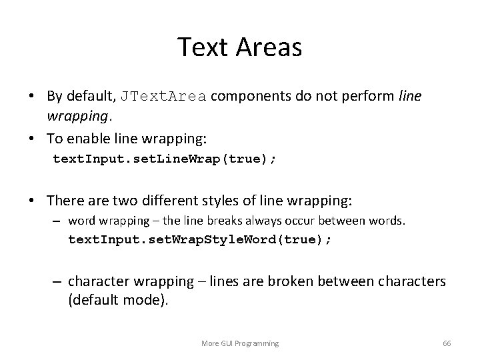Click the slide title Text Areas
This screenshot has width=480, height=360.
click(239, 47)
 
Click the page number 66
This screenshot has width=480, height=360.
click(447, 343)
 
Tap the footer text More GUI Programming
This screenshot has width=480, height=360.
click(240, 343)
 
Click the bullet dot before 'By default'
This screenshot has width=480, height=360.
click(32, 97)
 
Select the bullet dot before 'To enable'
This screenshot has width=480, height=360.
click(32, 138)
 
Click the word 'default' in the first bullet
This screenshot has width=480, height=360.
click(91, 96)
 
